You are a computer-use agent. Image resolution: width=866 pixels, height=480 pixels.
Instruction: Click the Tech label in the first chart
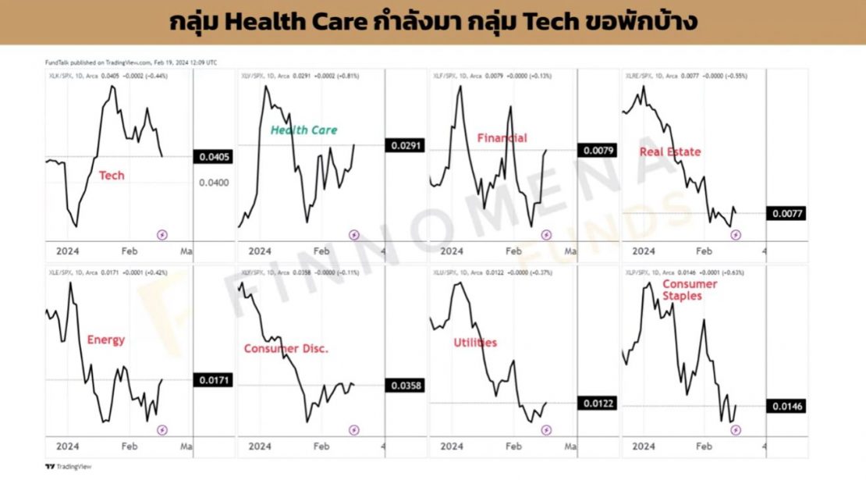click(x=111, y=176)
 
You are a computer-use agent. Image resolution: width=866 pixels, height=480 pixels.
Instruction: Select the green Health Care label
click(x=303, y=130)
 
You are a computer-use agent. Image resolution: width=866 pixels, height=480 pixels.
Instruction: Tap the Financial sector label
click(x=502, y=138)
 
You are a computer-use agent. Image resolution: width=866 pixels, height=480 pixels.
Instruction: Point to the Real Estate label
click(x=669, y=151)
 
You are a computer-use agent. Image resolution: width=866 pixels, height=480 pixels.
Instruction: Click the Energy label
click(x=105, y=340)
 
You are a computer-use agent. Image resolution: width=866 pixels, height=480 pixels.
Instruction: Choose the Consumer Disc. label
click(x=286, y=349)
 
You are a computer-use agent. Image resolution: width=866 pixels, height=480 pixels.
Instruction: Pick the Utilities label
click(x=474, y=343)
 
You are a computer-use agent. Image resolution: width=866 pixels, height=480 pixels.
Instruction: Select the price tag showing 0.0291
click(x=404, y=145)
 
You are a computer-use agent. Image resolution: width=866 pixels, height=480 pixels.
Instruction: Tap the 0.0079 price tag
click(x=597, y=151)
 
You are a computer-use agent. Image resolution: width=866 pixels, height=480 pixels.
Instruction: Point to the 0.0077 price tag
click(x=788, y=213)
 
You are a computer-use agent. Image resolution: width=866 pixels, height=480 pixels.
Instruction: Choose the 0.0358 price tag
click(x=404, y=386)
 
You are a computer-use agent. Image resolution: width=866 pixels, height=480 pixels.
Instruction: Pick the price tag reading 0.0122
click(x=597, y=404)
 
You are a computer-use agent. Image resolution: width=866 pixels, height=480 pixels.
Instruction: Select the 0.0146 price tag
click(x=788, y=407)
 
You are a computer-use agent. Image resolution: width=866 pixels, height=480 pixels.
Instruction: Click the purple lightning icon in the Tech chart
click(x=162, y=233)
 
